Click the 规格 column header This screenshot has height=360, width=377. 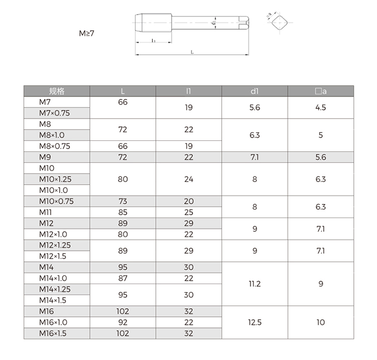pyautogui.click(x=57, y=91)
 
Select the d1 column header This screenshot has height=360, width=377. pyautogui.click(x=254, y=91)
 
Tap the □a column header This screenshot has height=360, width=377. pyautogui.click(x=321, y=91)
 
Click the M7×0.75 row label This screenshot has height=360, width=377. pyautogui.click(x=54, y=113)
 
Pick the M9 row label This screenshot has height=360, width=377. pyautogui.click(x=45, y=157)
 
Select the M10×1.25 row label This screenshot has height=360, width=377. pyautogui.click(x=55, y=179)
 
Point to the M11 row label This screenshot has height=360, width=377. pyautogui.click(x=45, y=212)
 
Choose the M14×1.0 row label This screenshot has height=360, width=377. pyautogui.click(x=53, y=278)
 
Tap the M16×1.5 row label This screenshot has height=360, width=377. pyautogui.click(x=53, y=333)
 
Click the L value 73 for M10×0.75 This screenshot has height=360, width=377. pyautogui.click(x=123, y=201)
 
